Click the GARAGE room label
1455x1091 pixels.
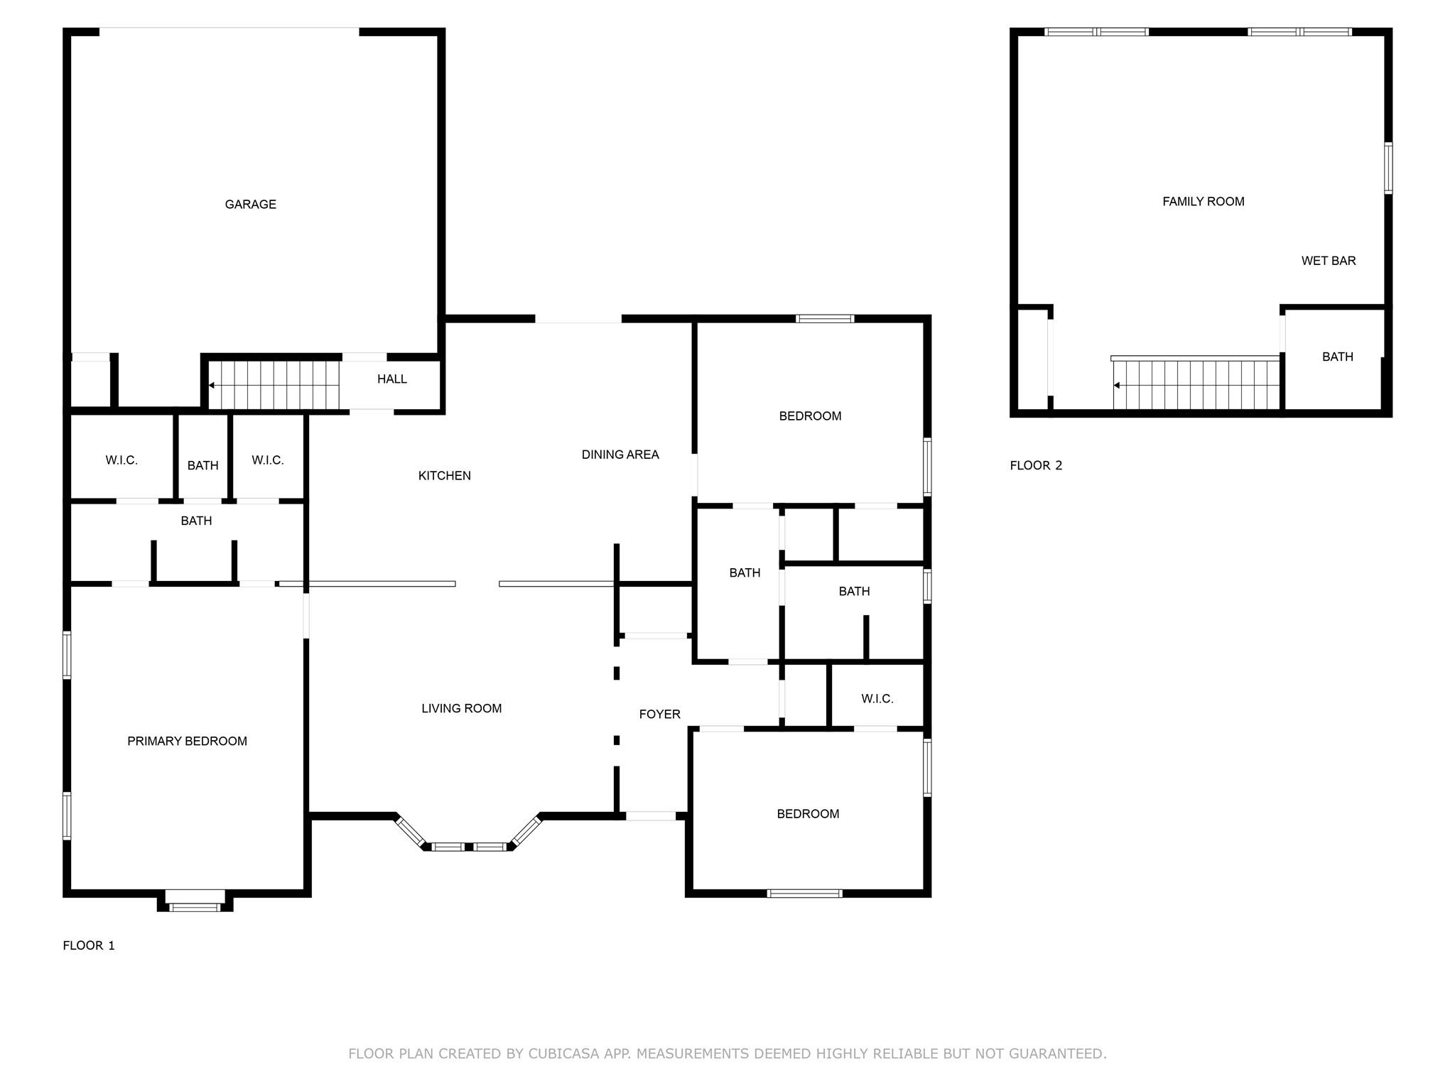pos(250,205)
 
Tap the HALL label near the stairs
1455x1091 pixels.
pos(392,379)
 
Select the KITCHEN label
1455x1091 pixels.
pos(445,476)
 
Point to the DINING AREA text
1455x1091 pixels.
pos(620,455)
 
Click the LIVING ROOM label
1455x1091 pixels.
pos(462,708)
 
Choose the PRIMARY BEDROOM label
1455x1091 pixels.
pos(188,742)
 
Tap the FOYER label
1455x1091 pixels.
pos(660,715)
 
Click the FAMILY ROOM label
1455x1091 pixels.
pos(1204,202)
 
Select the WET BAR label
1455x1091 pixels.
pos(1329,261)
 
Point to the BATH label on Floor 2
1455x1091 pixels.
pos(1338,357)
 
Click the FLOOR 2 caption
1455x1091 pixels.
pos(1037,466)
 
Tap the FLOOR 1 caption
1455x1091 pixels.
pos(89,945)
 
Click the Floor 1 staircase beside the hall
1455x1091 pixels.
pos(274,386)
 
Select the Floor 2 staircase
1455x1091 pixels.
pos(1196,384)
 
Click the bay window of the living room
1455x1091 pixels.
pos(468,835)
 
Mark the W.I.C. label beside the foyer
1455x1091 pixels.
pos(877,699)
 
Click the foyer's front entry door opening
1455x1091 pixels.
pos(651,816)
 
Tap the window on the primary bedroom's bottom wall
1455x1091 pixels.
pos(195,906)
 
